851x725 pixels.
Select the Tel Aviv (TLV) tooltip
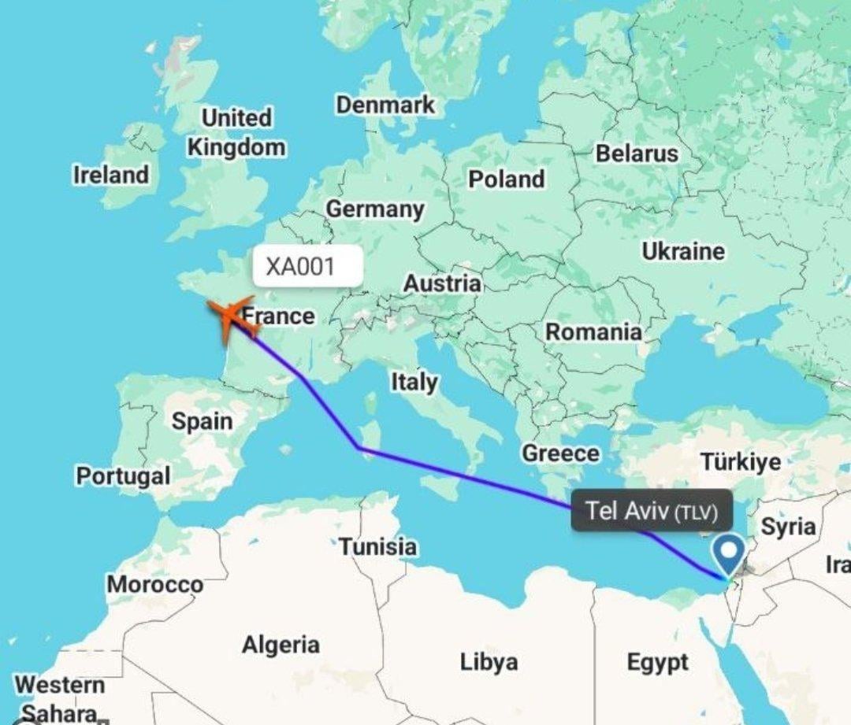tap(652, 512)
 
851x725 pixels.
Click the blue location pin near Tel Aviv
tap(730, 553)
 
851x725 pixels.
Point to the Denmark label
tap(385, 104)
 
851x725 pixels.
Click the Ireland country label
tap(111, 175)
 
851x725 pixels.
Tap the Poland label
tap(507, 179)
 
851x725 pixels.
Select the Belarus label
tap(637, 153)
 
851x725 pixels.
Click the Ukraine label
tap(683, 252)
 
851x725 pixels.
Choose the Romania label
tap(594, 332)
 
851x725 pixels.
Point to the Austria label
tap(442, 283)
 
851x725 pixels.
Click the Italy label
tap(414, 383)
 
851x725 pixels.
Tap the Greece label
tap(560, 453)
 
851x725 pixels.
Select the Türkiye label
tap(741, 461)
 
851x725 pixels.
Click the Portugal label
tap(123, 475)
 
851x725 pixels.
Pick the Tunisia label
tap(378, 546)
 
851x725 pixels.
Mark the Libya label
tap(489, 662)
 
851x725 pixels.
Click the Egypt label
tap(657, 663)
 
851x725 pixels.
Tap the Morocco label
tap(155, 584)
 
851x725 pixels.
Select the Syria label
tap(787, 527)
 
